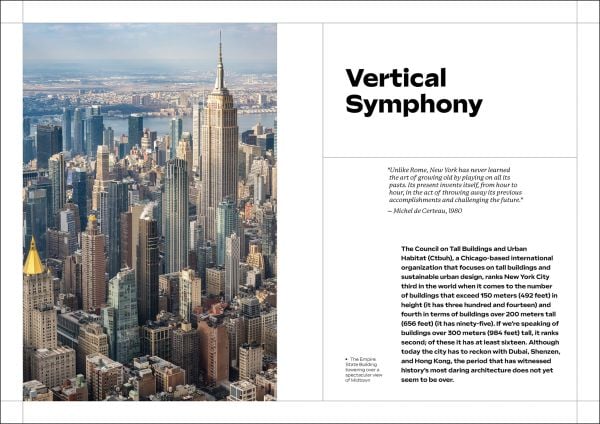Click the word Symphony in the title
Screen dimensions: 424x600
coord(414,104)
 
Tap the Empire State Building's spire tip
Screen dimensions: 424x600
coord(220,32)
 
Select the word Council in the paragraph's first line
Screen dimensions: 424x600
coord(432,248)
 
